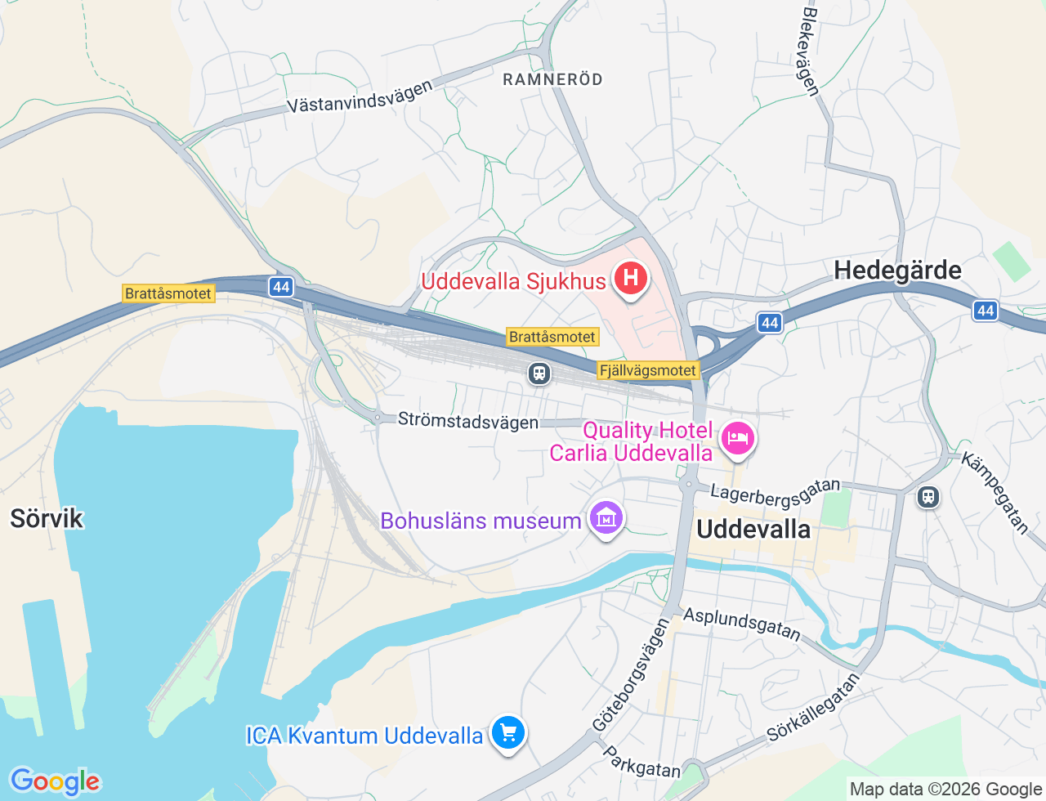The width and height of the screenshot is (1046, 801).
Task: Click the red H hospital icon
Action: click(x=630, y=279)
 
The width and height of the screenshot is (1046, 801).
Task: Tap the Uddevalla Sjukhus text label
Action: click(x=513, y=281)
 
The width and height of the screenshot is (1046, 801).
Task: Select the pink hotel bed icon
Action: click(x=737, y=438)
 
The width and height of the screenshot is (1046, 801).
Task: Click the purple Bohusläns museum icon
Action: click(x=606, y=519)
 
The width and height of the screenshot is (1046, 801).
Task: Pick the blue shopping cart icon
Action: click(x=507, y=732)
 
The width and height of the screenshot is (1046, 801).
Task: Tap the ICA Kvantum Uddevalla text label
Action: click(x=364, y=736)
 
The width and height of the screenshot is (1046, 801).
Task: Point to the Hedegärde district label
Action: click(x=897, y=271)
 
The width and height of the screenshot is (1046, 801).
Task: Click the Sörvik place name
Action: click(x=47, y=518)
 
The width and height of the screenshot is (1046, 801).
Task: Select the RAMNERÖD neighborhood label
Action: click(x=552, y=79)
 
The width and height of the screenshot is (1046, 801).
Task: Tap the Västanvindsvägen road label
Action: click(x=360, y=97)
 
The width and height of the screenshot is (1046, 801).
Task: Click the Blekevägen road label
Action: click(x=811, y=51)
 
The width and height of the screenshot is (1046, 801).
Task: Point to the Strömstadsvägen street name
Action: click(x=467, y=421)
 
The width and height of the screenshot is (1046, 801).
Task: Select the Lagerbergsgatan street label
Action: click(x=775, y=492)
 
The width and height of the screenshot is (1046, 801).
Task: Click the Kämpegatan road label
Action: click(x=995, y=493)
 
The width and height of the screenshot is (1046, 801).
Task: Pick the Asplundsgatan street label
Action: click(x=742, y=623)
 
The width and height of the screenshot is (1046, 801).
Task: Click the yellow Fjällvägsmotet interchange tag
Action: click(x=648, y=370)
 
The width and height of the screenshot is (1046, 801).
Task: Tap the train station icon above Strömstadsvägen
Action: click(x=539, y=374)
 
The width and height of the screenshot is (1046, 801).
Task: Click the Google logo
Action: click(x=55, y=781)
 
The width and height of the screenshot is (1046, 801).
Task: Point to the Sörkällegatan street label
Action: click(x=813, y=707)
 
